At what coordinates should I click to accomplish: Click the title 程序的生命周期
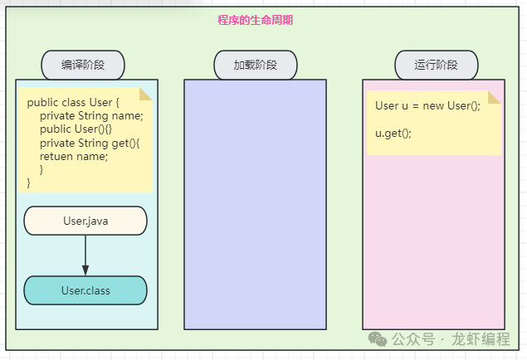[255, 20]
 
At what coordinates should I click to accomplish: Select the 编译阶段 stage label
[83, 65]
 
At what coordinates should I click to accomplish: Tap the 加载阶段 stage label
[255, 65]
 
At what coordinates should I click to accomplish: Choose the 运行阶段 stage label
[436, 65]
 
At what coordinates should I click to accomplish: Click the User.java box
[85, 221]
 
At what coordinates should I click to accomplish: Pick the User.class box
[85, 290]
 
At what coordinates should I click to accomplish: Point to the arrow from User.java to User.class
[85, 255]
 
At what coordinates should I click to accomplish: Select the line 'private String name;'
[91, 116]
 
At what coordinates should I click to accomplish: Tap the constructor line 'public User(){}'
[81, 129]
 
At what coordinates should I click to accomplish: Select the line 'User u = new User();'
[427, 106]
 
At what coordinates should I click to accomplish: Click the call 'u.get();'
[393, 133]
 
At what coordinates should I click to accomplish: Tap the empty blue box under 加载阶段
[255, 203]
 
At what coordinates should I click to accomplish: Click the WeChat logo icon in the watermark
[378, 339]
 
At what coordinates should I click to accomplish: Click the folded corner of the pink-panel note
[495, 97]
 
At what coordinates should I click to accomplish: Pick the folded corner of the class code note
[146, 94]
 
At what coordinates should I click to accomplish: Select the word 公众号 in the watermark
[413, 339]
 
